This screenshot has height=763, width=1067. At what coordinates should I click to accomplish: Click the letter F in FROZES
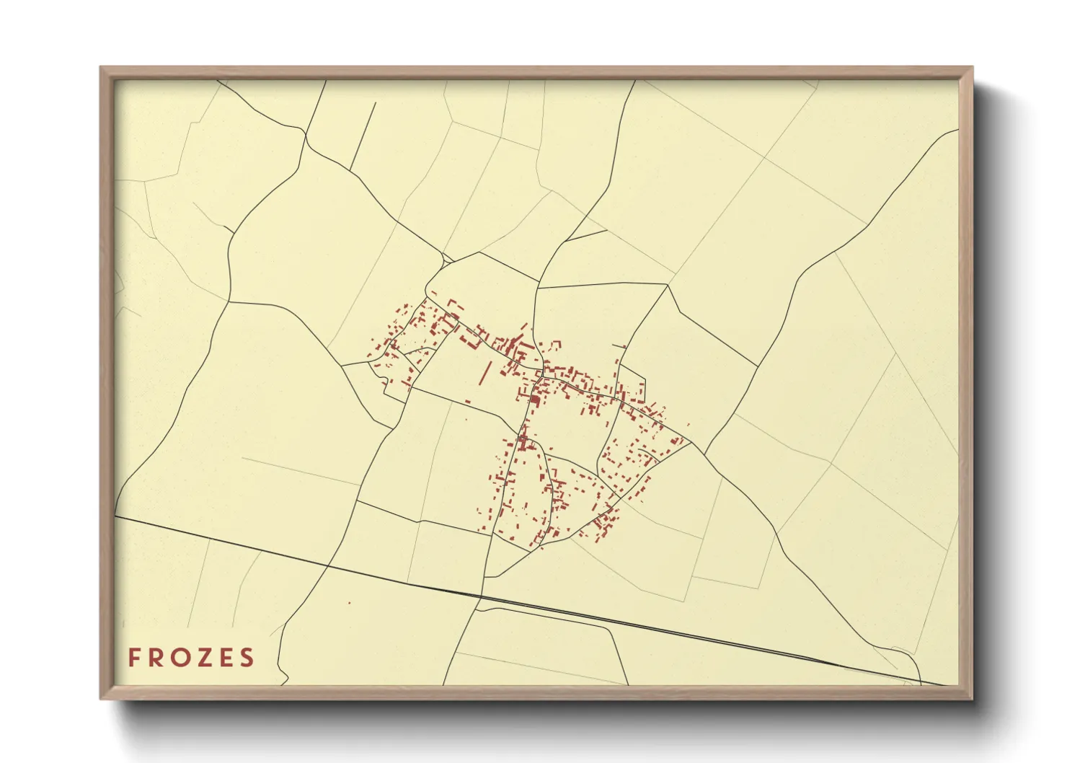pos(134,658)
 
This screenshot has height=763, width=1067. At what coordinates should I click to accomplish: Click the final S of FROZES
pos(248,658)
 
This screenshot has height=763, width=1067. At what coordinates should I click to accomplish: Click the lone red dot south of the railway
pos(349,602)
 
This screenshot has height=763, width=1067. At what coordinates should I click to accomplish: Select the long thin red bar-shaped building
pos(484,372)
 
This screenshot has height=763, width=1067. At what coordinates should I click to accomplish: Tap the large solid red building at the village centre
pos(536,398)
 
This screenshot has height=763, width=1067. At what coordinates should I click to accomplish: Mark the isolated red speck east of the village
pos(689,425)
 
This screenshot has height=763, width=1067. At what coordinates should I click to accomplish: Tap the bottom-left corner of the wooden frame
pos(102,698)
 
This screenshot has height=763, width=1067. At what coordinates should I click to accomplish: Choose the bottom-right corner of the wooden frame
pos(972,698)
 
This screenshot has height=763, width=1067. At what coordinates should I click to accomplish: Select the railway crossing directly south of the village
pos(480,596)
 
